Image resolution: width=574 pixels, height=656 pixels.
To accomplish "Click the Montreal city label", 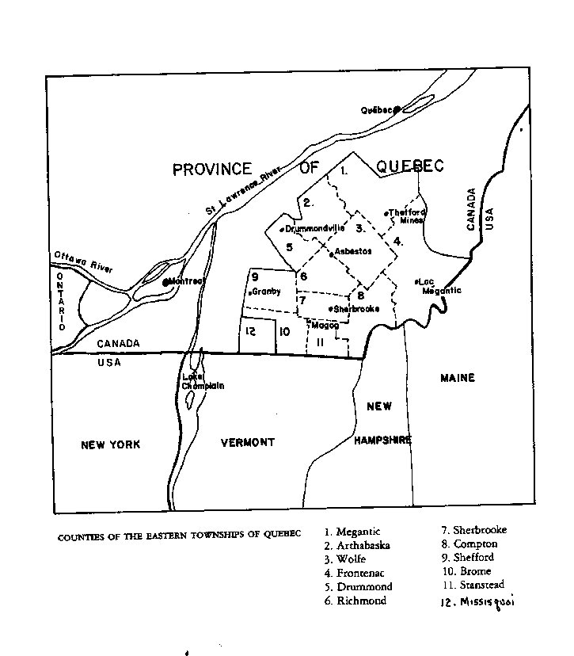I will pyautogui.click(x=186, y=281).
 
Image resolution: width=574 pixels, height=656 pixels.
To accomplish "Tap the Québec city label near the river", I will pyautogui.click(x=377, y=110).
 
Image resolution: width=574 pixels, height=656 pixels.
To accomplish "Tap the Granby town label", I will pyautogui.click(x=267, y=292).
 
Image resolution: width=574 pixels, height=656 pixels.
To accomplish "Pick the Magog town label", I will pyautogui.click(x=325, y=325).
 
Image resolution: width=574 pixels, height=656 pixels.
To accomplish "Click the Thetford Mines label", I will pyautogui.click(x=407, y=215).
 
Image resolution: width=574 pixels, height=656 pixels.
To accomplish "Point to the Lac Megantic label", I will pyautogui.click(x=439, y=286).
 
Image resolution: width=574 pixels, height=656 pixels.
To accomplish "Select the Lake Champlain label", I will pyautogui.click(x=203, y=381).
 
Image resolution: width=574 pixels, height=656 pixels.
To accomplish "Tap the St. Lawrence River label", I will pyautogui.click(x=249, y=195).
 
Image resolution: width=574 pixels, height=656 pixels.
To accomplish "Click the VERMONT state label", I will pyautogui.click(x=247, y=442).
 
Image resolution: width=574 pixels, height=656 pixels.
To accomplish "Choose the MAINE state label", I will pyautogui.click(x=457, y=378).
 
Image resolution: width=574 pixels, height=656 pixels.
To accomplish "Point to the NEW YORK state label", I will pyautogui.click(x=110, y=444).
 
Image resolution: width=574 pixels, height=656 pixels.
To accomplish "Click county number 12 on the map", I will pyautogui.click(x=249, y=330).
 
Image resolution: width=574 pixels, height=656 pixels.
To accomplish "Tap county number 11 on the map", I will pyautogui.click(x=320, y=342).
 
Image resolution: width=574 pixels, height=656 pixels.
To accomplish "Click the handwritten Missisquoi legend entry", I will pyautogui.click(x=476, y=602).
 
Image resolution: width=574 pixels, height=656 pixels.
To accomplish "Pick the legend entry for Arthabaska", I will pyautogui.click(x=357, y=545).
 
